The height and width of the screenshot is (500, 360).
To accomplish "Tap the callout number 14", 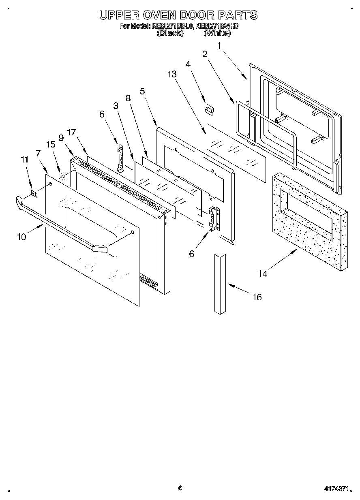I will pyautogui.click(x=263, y=274).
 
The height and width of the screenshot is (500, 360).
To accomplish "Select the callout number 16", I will pyautogui.click(x=257, y=297).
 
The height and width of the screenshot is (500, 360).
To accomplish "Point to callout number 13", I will pyautogui.click(x=172, y=74).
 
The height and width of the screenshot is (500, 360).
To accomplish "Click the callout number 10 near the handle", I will pyautogui.click(x=21, y=237).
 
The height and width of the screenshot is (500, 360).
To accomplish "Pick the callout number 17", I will pyautogui.click(x=71, y=132).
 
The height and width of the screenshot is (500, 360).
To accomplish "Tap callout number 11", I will pyautogui.click(x=25, y=160).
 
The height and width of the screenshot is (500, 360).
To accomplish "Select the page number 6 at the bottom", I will pyautogui.click(x=180, y=488).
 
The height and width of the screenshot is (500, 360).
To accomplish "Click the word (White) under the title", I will pyautogui.click(x=217, y=34).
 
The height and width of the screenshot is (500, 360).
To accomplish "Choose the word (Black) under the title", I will pyautogui.click(x=170, y=34).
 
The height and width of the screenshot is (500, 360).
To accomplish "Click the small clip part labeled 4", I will pyautogui.click(x=209, y=109).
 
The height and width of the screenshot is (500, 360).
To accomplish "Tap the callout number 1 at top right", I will pyautogui.click(x=219, y=46).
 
